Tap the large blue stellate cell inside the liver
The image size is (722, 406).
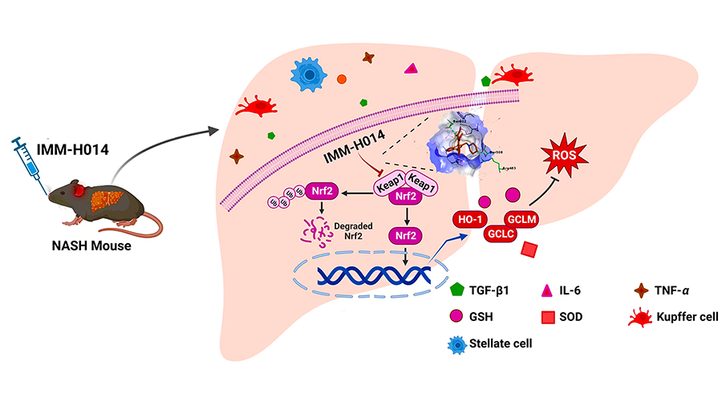click(x=306, y=75)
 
